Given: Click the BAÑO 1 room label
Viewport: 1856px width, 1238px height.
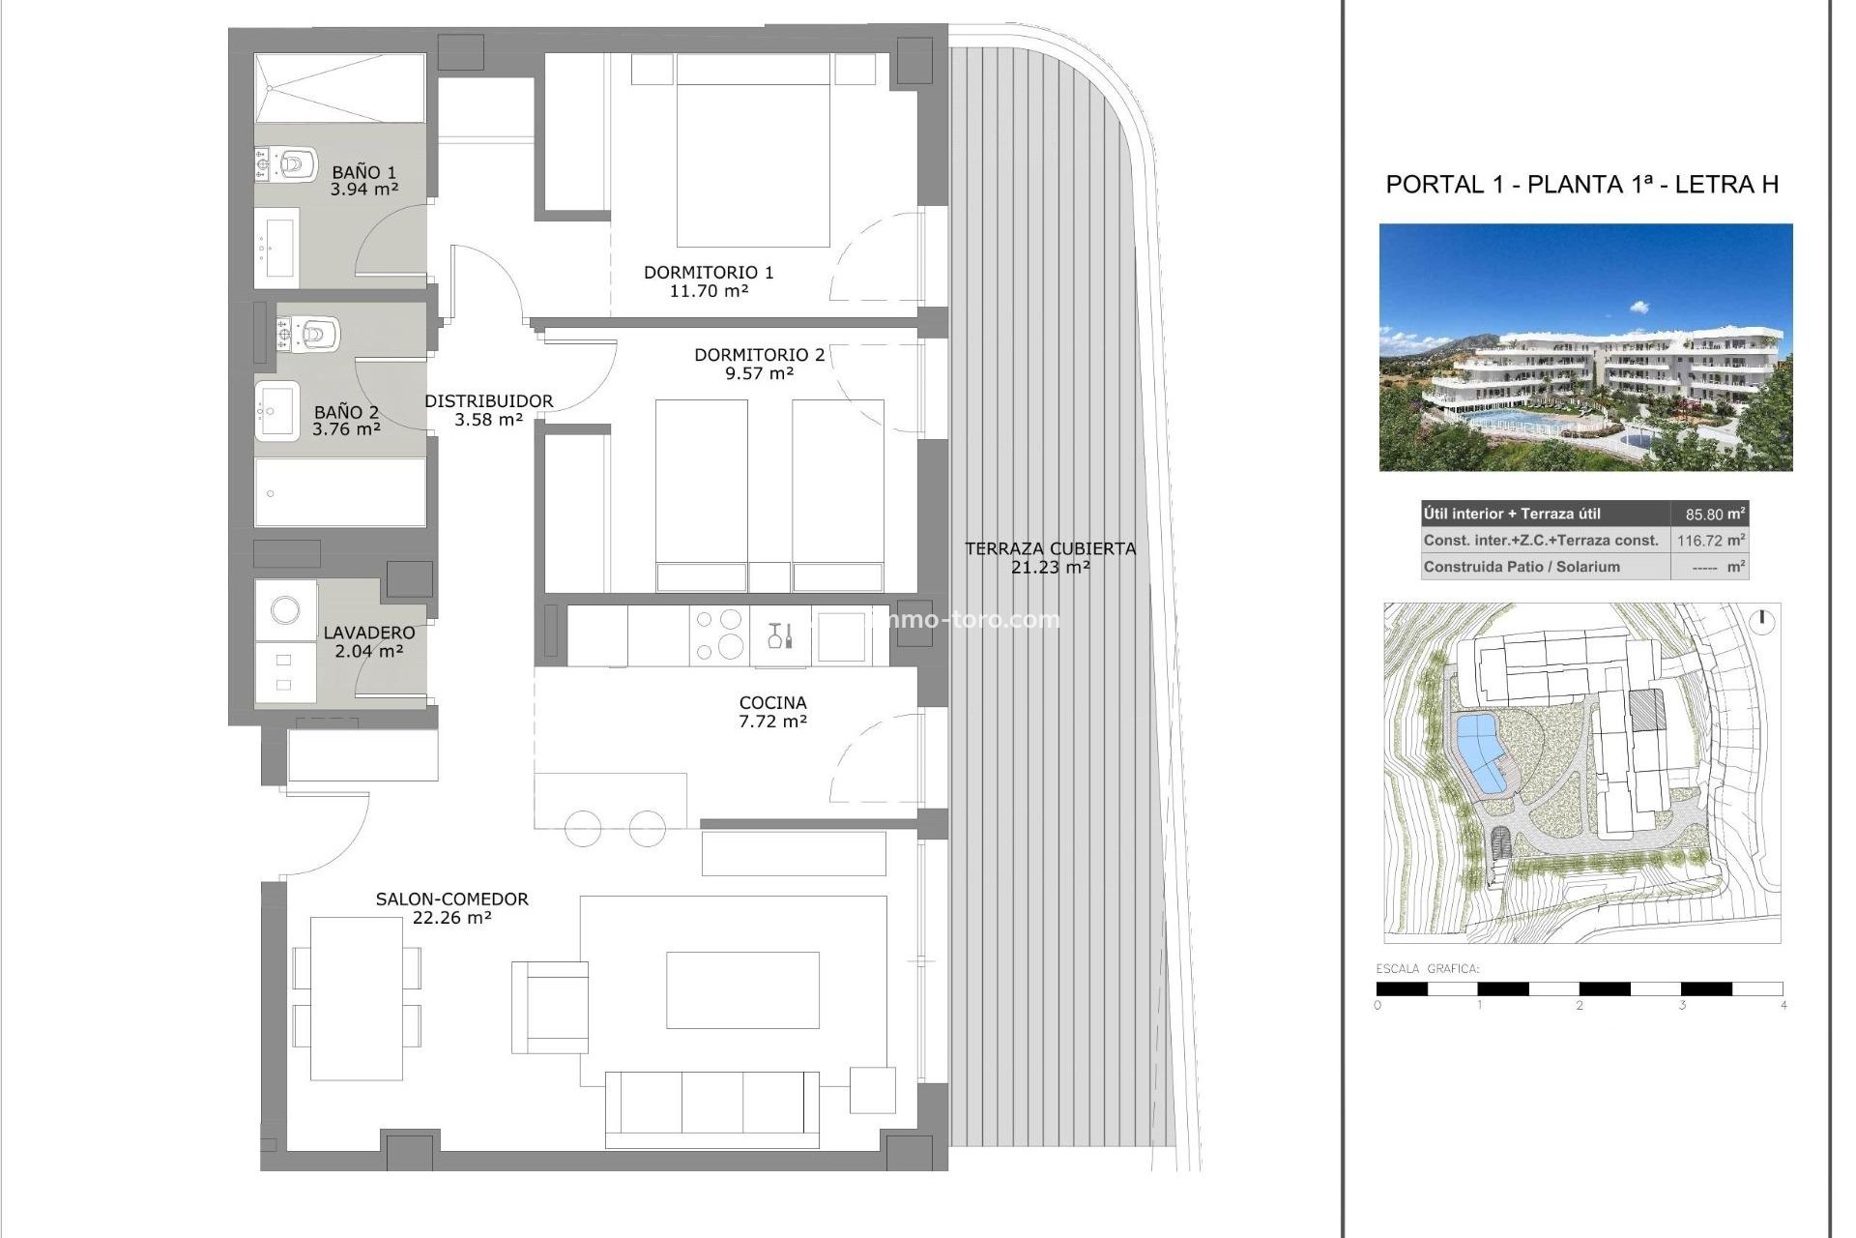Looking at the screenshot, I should click(x=363, y=172).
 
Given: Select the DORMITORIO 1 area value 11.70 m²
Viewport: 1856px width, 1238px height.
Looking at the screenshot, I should click(x=709, y=290).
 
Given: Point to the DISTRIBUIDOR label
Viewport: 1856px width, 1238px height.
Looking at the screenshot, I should click(x=488, y=400).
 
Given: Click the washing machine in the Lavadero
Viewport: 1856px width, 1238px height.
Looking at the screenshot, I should click(x=285, y=609).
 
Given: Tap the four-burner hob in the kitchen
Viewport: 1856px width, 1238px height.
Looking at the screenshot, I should click(x=719, y=634).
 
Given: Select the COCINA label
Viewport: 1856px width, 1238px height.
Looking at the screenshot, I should click(x=772, y=703).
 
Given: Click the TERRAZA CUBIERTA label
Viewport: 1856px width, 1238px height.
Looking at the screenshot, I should click(x=1050, y=548).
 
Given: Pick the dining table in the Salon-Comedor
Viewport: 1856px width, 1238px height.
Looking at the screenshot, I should click(x=356, y=998).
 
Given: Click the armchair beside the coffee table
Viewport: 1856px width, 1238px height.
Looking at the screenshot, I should click(x=550, y=1007).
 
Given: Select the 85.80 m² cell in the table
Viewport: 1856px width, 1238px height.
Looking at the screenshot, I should click(x=1709, y=514).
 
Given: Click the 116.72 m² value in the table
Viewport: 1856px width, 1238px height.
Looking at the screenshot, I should click(x=1709, y=541).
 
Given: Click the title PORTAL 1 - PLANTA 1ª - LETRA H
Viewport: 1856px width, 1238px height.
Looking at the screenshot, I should click(x=1581, y=185).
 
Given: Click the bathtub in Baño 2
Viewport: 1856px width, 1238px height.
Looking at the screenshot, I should click(x=340, y=491).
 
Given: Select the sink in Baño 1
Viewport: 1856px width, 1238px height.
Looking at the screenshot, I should click(x=280, y=247).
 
